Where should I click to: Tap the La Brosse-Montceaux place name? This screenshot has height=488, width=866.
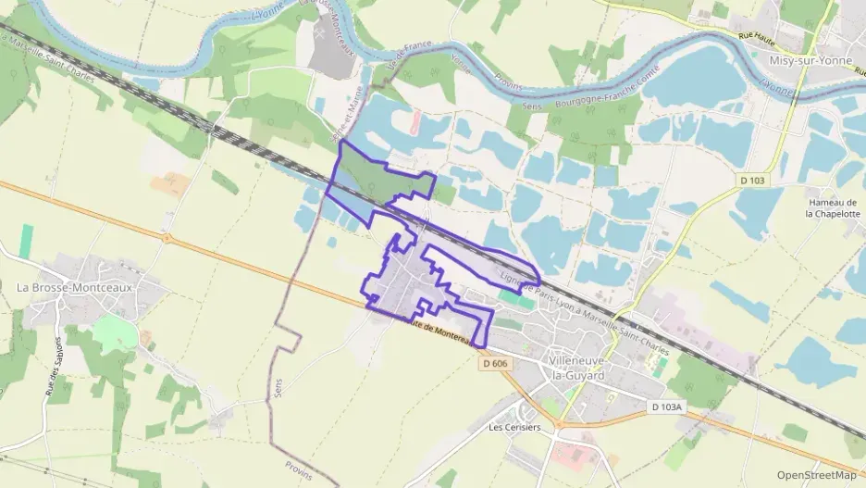coord(76,287)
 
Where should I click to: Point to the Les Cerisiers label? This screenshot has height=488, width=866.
coord(514,428)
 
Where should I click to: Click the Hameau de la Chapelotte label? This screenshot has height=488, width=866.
coord(833,207)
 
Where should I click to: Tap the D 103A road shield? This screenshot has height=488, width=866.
coord(666,407)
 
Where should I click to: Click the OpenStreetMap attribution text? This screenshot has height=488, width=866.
coord(816,475)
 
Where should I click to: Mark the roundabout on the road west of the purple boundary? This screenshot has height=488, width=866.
coord(167,238)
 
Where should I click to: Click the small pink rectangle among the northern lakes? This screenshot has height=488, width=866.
coord(415,120)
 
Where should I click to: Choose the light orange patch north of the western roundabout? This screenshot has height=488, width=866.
coord(170,185)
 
